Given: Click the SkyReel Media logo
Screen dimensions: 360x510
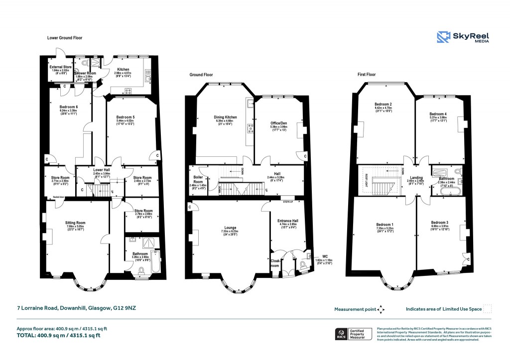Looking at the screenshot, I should point(463,38).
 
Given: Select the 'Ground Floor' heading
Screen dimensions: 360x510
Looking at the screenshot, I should point(202,75).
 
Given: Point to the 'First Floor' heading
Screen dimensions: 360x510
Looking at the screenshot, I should point(367,75).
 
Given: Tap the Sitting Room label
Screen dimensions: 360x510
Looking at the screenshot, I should point(76,223).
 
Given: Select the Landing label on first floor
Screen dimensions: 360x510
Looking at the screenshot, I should point(416,177).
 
